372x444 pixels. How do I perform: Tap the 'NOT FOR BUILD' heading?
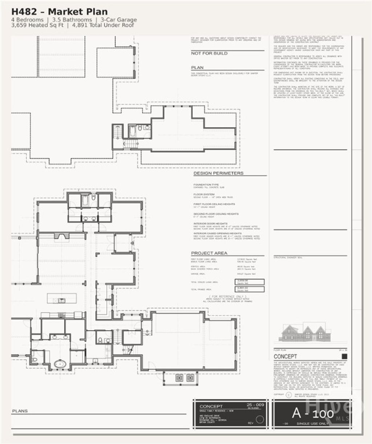click(209, 53)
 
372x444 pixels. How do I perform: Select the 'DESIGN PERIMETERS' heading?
click(218, 173)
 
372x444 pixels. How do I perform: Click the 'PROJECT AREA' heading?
click(209, 253)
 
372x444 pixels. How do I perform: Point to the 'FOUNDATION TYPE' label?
click(206, 185)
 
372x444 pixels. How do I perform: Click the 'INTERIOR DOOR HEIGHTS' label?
click(211, 224)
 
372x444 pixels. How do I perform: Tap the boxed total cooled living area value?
click(250, 282)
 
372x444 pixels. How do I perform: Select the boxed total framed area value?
click(250, 289)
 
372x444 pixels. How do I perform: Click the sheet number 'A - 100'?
click(313, 413)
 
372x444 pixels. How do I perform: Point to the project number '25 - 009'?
click(255, 404)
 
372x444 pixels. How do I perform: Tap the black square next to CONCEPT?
click(344, 357)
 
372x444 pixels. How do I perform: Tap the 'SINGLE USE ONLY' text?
click(312, 424)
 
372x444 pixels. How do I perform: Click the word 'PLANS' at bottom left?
click(20, 411)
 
